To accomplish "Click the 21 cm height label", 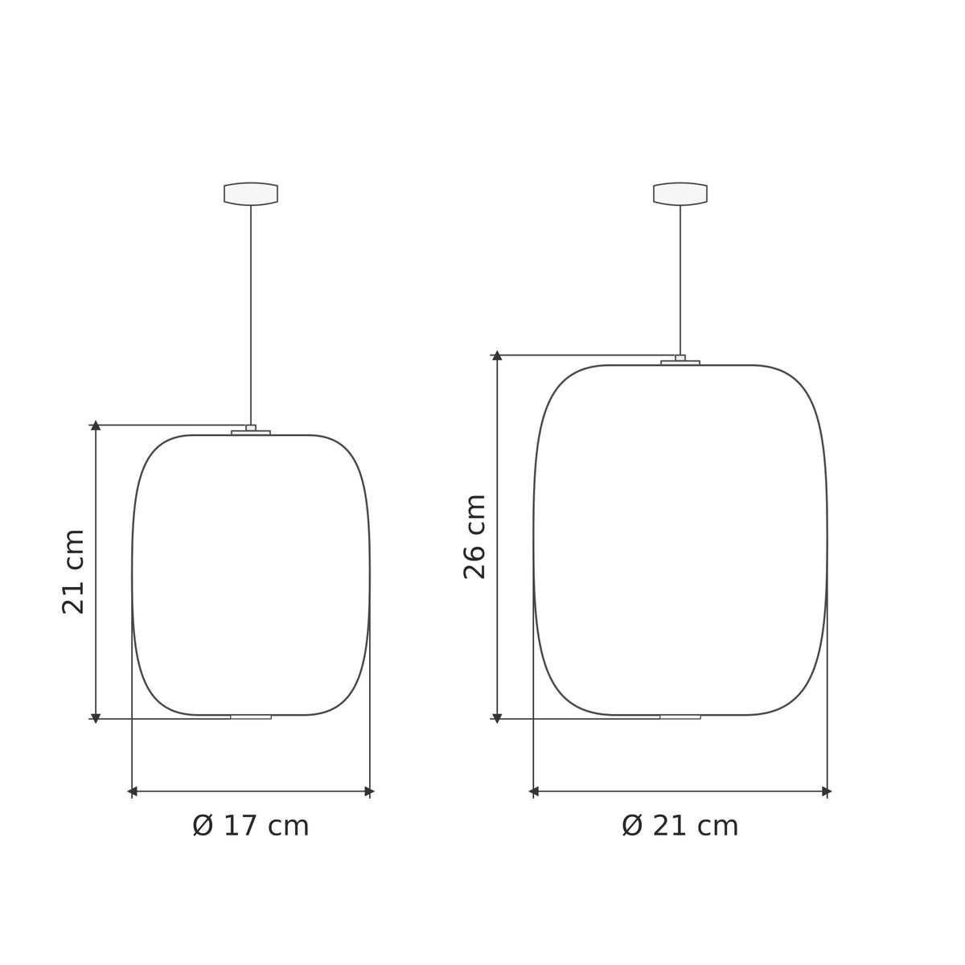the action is click(73, 571).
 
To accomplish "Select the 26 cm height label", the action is click(474, 537).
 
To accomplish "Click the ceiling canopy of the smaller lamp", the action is click(250, 194).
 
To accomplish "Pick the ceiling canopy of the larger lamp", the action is click(680, 194).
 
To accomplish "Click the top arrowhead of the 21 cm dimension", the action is click(96, 425).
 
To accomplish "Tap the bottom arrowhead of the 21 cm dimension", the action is click(96, 717).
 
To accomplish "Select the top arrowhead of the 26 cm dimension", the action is click(497, 355).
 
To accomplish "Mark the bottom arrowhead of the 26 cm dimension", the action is click(497, 717).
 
